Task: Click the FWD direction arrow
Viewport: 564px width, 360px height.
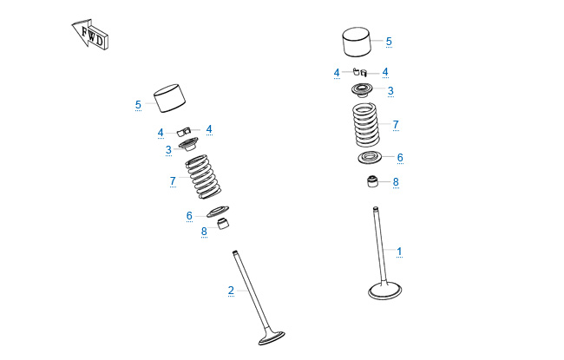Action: pos(90,35)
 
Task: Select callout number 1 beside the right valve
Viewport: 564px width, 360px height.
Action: pos(399,251)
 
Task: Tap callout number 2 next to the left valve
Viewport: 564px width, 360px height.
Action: pos(231,290)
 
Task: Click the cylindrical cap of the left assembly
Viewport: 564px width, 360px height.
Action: pos(169,98)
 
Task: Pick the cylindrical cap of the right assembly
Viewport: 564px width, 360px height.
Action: pos(357,42)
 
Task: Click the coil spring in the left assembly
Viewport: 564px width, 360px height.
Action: pos(203,177)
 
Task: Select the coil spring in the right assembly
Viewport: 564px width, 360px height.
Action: pos(366,125)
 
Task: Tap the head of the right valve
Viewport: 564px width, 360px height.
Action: pos(385,291)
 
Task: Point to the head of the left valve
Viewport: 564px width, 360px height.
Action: pos(272,338)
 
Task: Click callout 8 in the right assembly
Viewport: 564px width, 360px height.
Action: pos(396,181)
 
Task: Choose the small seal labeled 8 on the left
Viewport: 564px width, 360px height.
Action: pos(223,223)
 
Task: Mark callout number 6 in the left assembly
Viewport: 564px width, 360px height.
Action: pos(189,215)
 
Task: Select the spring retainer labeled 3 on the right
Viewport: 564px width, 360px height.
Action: pos(363,90)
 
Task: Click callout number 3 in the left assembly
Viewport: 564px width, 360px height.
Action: pos(168,149)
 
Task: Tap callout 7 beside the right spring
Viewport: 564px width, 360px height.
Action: pos(396,124)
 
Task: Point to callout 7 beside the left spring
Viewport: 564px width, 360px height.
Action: pos(173,180)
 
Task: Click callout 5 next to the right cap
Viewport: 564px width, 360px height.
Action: pos(389,41)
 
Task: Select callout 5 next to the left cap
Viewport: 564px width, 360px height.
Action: pos(138,105)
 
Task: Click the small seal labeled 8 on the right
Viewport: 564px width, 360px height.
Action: pos(372,181)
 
